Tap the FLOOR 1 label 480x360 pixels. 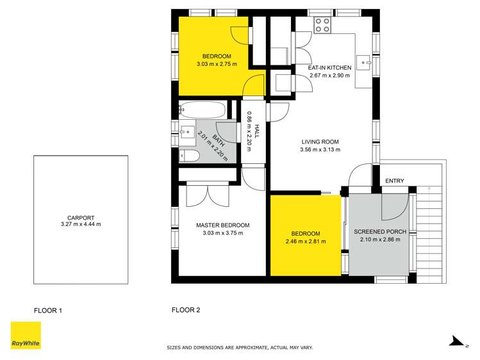[x=48, y=311]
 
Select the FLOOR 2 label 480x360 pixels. [x=186, y=310]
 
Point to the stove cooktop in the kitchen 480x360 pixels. [x=322, y=26]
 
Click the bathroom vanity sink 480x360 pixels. [x=186, y=133]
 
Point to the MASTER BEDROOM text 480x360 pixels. [x=222, y=225]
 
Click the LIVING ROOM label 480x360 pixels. [x=320, y=142]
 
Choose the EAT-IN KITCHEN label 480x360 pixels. [x=329, y=67]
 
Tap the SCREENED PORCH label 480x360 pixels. [x=377, y=232]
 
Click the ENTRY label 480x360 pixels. [x=394, y=181]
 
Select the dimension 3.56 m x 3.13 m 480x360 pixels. [x=320, y=150]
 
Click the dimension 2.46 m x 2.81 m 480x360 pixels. [x=305, y=241]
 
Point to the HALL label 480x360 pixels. [x=256, y=132]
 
